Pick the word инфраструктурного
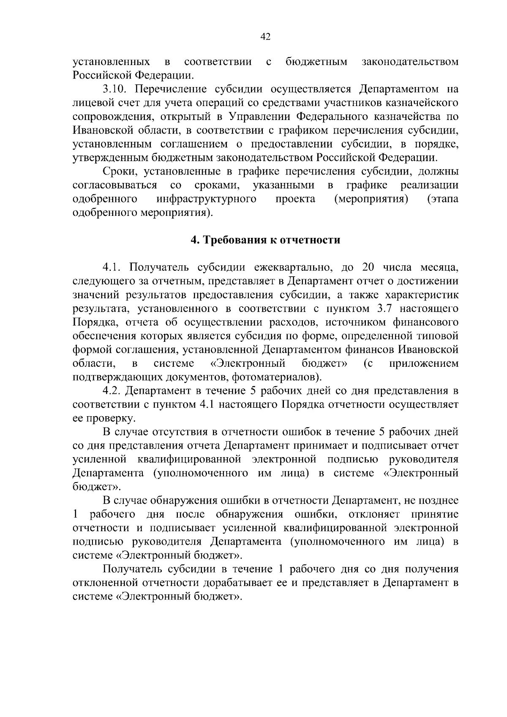click(x=206, y=199)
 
